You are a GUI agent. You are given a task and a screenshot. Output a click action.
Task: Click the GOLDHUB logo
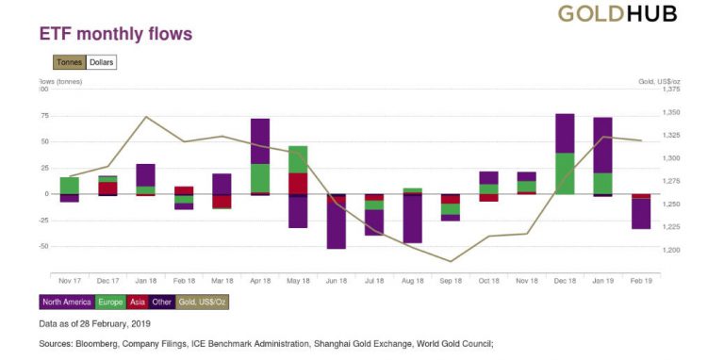[x=617, y=13]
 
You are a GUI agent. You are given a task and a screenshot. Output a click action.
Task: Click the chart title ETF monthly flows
[x=115, y=35]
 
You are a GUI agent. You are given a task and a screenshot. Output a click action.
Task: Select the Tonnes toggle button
[x=68, y=63]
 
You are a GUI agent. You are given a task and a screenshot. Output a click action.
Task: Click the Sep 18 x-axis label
[x=451, y=281]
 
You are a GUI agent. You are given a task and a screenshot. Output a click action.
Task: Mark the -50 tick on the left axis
[x=43, y=246]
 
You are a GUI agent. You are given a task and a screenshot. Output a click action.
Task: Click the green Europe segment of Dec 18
[x=565, y=173]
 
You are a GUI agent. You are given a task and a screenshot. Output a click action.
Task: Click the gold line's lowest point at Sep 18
[x=451, y=262]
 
